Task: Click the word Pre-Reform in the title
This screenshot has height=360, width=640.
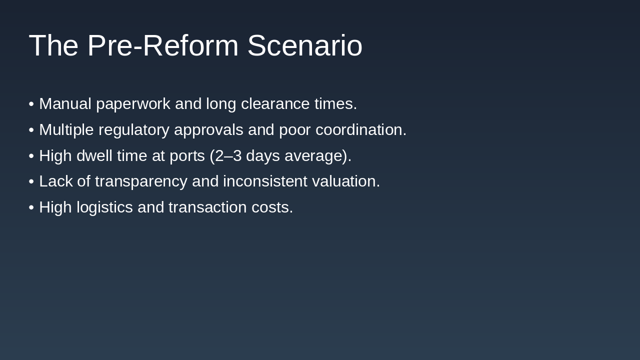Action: pyautogui.click(x=162, y=45)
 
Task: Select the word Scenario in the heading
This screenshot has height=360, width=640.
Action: pyautogui.click(x=304, y=45)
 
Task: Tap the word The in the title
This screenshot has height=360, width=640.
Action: pyautogui.click(x=53, y=45)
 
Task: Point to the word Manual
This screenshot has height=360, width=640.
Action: pyautogui.click(x=65, y=104)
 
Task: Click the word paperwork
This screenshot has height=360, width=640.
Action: pyautogui.click(x=133, y=104)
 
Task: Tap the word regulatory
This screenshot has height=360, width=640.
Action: pyautogui.click(x=133, y=130)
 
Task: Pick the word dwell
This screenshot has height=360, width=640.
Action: pyautogui.click(x=94, y=156)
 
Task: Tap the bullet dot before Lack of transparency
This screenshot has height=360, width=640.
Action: pyautogui.click(x=31, y=181)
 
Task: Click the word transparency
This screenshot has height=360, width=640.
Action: pyautogui.click(x=141, y=181)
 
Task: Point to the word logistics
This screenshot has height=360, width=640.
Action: pyautogui.click(x=104, y=207)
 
